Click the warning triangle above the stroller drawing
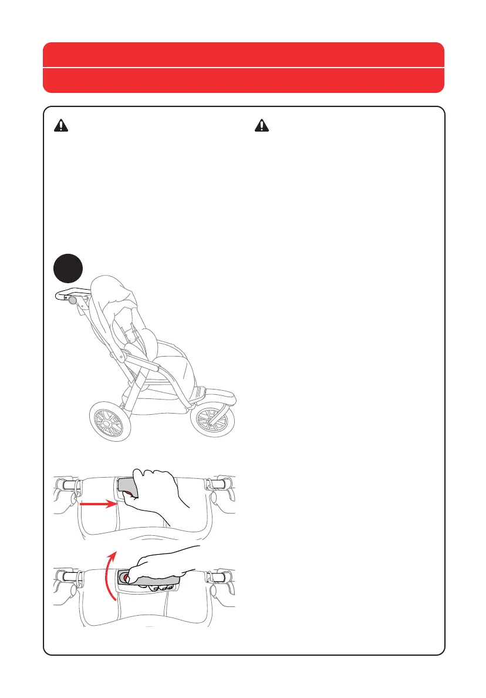62,125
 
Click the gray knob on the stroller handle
73,301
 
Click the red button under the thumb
124,578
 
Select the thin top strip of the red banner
243,55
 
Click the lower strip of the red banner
243,80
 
